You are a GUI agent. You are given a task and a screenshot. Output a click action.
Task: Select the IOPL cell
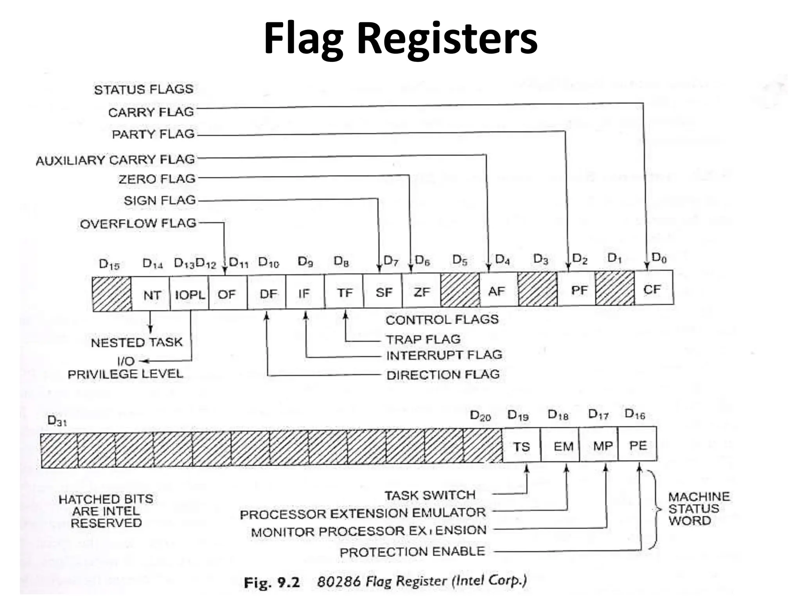click(189, 294)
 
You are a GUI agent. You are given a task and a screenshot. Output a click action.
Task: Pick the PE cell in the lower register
click(638, 445)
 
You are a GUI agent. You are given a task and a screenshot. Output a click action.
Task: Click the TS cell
click(521, 446)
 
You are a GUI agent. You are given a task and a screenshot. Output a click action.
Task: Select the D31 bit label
click(57, 421)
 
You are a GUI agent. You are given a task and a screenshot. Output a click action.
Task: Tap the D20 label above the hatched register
click(480, 416)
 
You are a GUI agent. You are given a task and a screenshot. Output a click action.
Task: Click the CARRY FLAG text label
click(151, 112)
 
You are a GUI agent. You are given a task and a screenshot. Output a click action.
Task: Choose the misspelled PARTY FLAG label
click(153, 134)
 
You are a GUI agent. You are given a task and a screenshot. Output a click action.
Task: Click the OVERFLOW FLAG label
click(138, 224)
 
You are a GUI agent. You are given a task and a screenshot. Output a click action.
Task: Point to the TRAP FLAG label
click(423, 339)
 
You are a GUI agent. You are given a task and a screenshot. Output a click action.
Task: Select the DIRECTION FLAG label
click(443, 375)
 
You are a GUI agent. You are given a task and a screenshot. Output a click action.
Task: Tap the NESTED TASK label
click(137, 343)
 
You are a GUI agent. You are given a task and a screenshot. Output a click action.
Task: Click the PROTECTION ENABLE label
click(412, 552)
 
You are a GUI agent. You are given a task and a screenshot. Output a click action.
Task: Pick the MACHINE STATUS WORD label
click(698, 509)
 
